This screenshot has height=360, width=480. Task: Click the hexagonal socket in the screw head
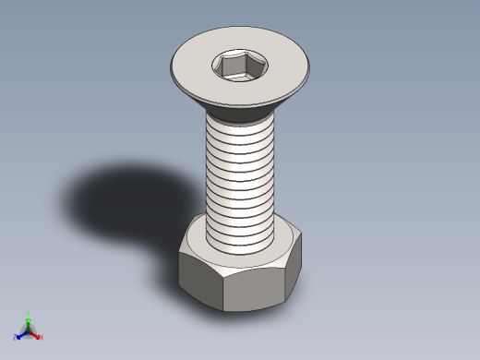(238, 66)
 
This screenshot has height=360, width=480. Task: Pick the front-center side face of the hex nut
(251, 289)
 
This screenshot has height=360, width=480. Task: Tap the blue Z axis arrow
(21, 334)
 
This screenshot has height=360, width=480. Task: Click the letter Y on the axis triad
(29, 314)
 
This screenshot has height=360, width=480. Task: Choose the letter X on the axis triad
(42, 337)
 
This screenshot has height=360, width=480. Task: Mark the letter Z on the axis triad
(16, 338)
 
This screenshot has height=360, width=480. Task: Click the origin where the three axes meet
(29, 330)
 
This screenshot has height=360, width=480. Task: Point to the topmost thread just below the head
(239, 127)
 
